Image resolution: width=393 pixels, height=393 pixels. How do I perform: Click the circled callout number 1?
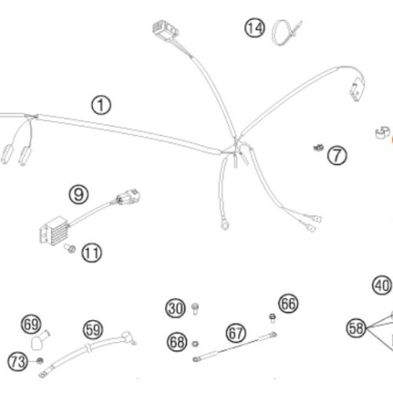101,105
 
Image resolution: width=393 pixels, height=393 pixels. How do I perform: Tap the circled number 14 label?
255,28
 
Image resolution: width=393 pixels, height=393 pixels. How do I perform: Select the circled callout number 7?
337,155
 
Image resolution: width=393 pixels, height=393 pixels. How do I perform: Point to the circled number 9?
79,194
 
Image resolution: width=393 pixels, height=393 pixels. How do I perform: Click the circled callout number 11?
92,253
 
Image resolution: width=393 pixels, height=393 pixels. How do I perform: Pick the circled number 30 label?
175,308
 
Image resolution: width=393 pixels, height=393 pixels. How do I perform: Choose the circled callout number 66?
288,303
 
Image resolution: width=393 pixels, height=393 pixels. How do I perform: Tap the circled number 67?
236,333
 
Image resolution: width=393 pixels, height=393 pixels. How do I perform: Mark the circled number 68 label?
177,342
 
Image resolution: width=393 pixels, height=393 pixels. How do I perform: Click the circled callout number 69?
31,324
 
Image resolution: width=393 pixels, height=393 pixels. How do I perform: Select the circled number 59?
93,329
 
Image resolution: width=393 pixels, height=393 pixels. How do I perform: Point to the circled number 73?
17,362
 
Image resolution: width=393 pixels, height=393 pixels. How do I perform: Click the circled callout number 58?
356,328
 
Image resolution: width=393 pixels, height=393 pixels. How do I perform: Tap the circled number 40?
382,285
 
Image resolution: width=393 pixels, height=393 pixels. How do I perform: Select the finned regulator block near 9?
54,230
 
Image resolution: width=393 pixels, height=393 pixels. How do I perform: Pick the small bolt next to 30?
195,309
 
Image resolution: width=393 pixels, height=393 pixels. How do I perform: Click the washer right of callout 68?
195,343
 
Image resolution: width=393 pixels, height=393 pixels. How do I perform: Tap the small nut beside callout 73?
40,361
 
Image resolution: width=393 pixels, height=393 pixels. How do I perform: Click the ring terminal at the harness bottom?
225,225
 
